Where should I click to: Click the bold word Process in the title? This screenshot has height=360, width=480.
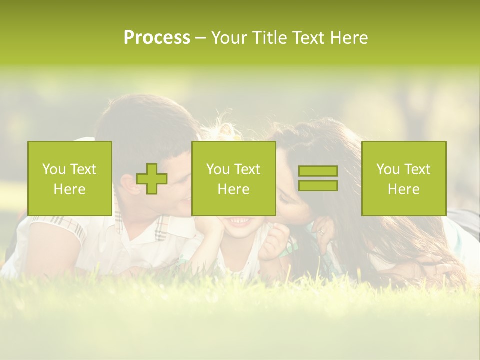click(x=157, y=38)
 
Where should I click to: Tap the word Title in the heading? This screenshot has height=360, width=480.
click(x=270, y=38)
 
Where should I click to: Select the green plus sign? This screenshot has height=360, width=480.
click(x=152, y=178)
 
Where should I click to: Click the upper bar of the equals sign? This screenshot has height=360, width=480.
click(x=318, y=171)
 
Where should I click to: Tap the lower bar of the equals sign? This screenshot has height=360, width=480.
click(x=318, y=185)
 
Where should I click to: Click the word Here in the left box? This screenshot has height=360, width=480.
click(x=70, y=189)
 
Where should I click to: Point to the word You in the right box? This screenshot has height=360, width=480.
click(x=388, y=169)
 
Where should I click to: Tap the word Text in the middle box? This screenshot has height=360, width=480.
click(x=248, y=169)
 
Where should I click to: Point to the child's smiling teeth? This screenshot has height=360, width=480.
click(x=238, y=220)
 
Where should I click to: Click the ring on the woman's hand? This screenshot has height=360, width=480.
click(x=321, y=232)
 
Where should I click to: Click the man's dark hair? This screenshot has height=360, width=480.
click(x=145, y=120)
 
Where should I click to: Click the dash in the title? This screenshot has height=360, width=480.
click(x=200, y=38)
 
